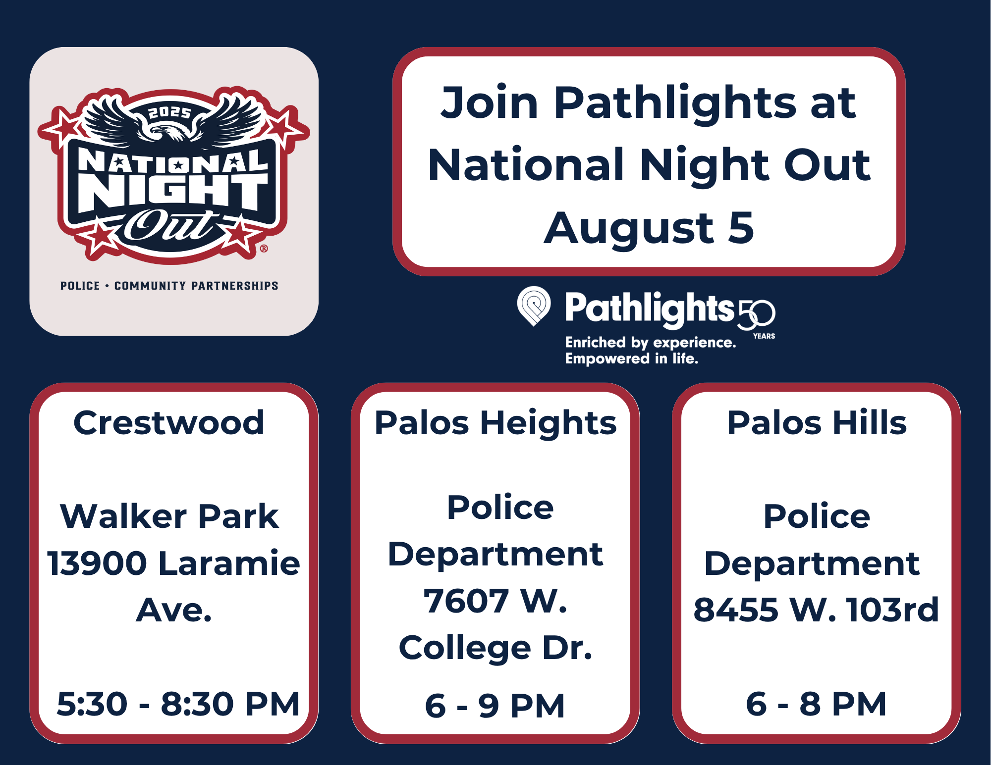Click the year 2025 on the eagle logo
pyautogui.click(x=170, y=113)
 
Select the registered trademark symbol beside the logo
pyautogui.click(x=264, y=249)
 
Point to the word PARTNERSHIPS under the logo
pyautogui.click(x=235, y=286)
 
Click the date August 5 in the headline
pyautogui.click(x=649, y=228)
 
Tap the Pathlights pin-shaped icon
pyautogui.click(x=534, y=306)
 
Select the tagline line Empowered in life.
pyautogui.click(x=632, y=358)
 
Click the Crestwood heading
pyautogui.click(x=169, y=423)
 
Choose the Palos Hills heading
pyautogui.click(x=817, y=423)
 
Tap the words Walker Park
pyautogui.click(x=169, y=516)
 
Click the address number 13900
pyautogui.click(x=97, y=563)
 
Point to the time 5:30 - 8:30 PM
pyautogui.click(x=178, y=704)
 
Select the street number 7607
pyautogui.click(x=466, y=601)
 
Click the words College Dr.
pyautogui.click(x=495, y=648)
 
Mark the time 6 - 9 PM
pyautogui.click(x=495, y=706)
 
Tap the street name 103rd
pyautogui.click(x=892, y=610)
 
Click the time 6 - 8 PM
pyautogui.click(x=816, y=704)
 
